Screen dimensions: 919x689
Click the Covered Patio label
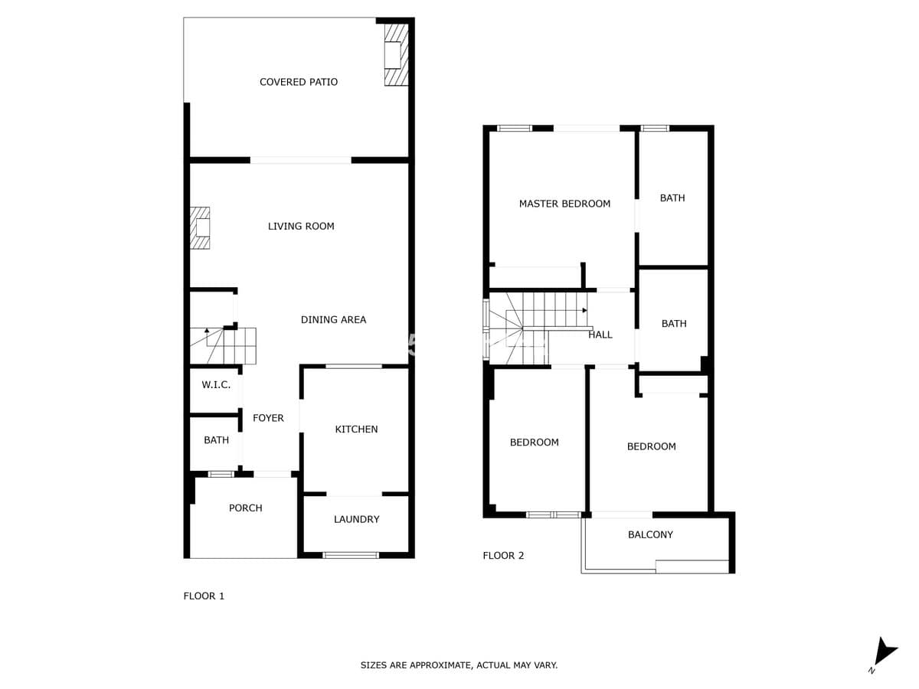[x=298, y=82]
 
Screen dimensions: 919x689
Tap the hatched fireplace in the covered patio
[x=396, y=54]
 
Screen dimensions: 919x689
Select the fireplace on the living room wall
[x=200, y=227]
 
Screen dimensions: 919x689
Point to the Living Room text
[x=301, y=227]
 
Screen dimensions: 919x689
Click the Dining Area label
[x=333, y=319]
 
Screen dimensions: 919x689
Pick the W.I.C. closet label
[x=216, y=385]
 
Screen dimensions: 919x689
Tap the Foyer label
[x=268, y=418]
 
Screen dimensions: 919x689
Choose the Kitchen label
[x=356, y=429]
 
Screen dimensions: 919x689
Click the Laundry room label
[x=356, y=519]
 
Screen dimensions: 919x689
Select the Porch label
[x=245, y=508]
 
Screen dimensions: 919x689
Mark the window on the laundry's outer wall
[x=351, y=555]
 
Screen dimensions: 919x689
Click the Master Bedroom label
[x=564, y=204]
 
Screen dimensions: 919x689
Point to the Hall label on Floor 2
[x=600, y=335]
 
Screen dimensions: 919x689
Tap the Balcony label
[x=650, y=534]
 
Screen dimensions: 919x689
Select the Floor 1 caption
[x=204, y=596]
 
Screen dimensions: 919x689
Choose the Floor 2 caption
[x=503, y=556]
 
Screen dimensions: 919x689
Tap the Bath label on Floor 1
[x=216, y=440]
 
